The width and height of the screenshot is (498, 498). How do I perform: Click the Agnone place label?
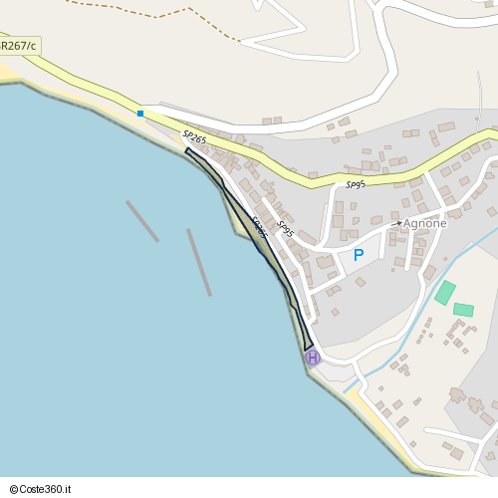coord(425,223)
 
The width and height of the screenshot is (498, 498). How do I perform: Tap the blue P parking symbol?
coord(358,255)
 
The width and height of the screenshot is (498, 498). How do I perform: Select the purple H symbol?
coord(312,358)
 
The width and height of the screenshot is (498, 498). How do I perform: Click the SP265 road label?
coord(194,137)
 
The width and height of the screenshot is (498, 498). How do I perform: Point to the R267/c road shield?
coord(18,46)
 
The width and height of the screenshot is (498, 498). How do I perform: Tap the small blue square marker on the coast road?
coord(140,114)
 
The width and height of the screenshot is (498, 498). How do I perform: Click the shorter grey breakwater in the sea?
coord(142,221)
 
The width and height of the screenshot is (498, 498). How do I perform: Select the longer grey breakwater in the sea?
coord(199,262)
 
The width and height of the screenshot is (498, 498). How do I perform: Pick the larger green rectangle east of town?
coord(444,293)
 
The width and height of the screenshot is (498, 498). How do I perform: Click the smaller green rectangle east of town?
coord(463,310)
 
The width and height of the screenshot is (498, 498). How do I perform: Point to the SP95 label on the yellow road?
coord(356,184)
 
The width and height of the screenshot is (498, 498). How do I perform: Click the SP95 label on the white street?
coord(285,229)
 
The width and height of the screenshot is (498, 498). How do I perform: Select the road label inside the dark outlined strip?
coord(259,227)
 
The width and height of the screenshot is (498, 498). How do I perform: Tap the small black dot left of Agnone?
coord(398,223)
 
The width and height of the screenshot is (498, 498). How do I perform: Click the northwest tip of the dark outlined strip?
coord(186,150)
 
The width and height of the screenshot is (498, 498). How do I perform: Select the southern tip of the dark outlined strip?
coord(308,350)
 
